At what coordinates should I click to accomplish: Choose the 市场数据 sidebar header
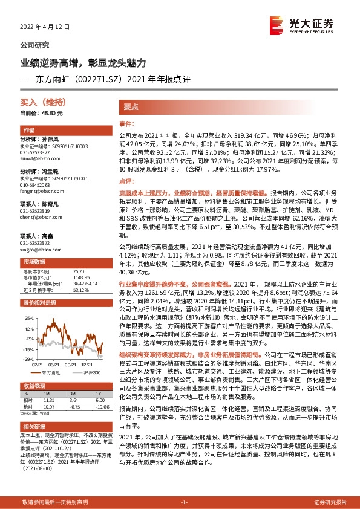tap(34, 244)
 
